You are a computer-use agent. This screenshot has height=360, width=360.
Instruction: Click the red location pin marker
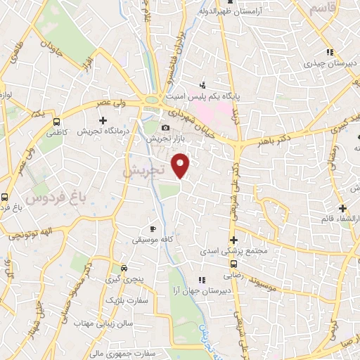click(181, 165)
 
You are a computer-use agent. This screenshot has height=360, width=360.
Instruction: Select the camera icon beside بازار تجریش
click(165, 128)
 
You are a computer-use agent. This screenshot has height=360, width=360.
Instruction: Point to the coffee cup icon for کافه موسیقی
click(153, 229)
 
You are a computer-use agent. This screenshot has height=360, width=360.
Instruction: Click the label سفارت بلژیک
click(123, 300)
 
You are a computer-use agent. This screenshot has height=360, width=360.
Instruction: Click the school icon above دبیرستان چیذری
click(329, 52)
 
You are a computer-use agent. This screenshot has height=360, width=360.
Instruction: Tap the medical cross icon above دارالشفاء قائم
click(342, 208)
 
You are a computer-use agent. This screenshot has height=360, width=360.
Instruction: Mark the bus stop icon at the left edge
click(5, 198)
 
